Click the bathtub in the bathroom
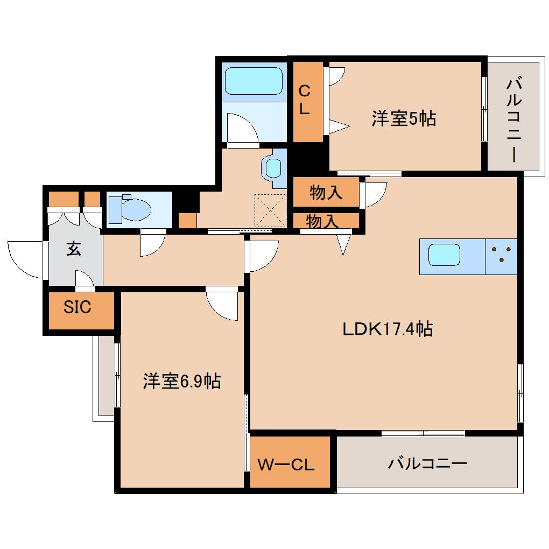(254, 81)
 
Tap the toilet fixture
(129, 209)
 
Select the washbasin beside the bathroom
(273, 168)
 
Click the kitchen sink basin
(444, 255)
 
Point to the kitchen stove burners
(501, 256)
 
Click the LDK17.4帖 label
(388, 328)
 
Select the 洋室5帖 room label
(403, 119)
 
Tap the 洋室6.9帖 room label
(181, 381)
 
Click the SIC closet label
(78, 307)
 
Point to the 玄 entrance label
(74, 249)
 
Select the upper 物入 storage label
(326, 192)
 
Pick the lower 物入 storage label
(322, 220)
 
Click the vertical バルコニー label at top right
(513, 119)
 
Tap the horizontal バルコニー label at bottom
(427, 463)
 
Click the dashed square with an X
(271, 210)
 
